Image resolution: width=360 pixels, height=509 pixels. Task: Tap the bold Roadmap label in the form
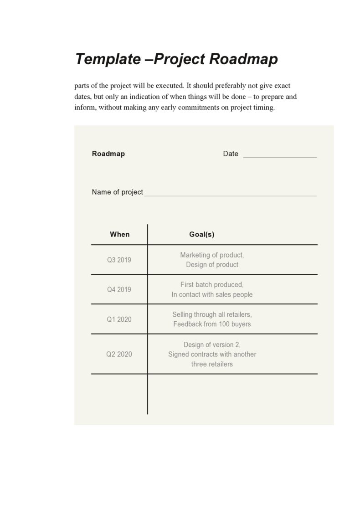coord(108,154)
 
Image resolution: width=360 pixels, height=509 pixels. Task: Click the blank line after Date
coord(280,155)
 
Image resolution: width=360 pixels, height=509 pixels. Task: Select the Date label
coord(231,154)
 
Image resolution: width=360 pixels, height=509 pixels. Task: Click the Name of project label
coord(118,192)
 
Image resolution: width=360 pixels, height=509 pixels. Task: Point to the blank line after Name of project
coord(230,194)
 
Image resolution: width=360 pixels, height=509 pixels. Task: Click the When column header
coord(119,234)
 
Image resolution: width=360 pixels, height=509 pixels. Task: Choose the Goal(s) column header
coord(201,234)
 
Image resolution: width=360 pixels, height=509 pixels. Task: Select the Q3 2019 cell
coord(119,260)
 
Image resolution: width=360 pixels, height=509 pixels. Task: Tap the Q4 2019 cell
coord(119,289)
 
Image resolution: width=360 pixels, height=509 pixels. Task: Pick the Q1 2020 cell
coord(119,319)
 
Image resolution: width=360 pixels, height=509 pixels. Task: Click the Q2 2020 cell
coord(119,354)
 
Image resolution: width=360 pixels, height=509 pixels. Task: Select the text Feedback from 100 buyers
coord(212,324)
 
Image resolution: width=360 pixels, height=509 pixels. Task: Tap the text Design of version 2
coord(212,344)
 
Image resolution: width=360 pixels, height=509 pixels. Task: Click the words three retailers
coord(212,364)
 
